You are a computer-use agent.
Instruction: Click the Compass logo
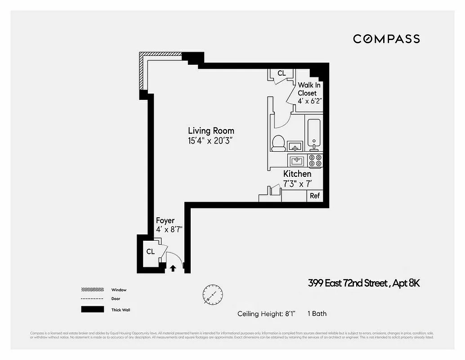point(386,39)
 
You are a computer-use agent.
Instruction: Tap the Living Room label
point(211,131)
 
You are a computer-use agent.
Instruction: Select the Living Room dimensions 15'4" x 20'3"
point(211,140)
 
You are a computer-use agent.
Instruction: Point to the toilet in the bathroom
point(278,143)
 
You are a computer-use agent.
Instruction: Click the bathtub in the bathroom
point(314,134)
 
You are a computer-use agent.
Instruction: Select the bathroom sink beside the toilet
point(295,146)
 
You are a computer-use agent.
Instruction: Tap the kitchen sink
point(297,161)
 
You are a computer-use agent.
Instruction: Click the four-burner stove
point(316,161)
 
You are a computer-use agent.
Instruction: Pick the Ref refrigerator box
point(315,196)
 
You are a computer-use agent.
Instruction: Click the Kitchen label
point(297,174)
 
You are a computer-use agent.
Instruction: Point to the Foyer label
point(165,220)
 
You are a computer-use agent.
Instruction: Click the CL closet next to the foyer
point(150,252)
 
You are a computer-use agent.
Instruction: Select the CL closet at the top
point(281,73)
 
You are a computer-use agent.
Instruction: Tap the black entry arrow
point(173,268)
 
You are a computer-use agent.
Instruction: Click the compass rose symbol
point(212,295)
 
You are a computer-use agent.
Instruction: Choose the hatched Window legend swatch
point(92,290)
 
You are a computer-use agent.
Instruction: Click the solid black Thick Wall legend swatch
point(92,310)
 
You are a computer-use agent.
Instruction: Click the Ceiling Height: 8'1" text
point(266,314)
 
